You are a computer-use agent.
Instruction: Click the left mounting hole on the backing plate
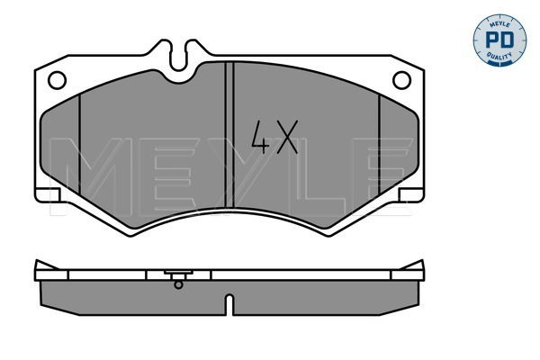coord(58,80)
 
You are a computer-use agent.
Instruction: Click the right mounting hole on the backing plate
coord(402,80)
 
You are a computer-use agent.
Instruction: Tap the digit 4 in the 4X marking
coord(260,137)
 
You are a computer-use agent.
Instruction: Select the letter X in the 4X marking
coord(288,137)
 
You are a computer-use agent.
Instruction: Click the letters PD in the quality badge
coord(499,40)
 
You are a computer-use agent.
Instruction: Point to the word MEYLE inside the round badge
coord(499,24)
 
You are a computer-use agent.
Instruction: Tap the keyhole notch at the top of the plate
coord(178,56)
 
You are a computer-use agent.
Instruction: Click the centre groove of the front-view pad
coord(229,135)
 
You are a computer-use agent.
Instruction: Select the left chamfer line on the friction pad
coord(79,144)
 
